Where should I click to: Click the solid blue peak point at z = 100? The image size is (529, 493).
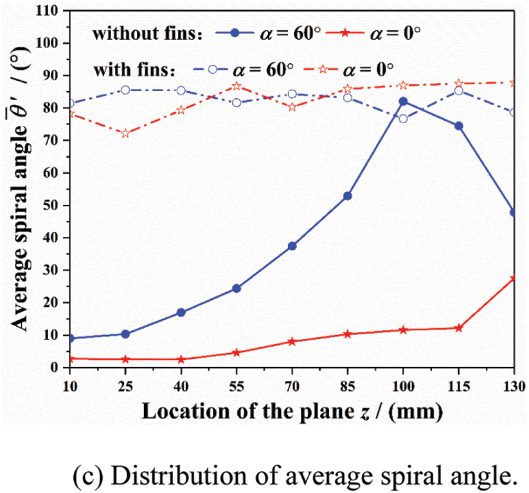(x=403, y=101)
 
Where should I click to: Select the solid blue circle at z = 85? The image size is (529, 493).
(x=348, y=196)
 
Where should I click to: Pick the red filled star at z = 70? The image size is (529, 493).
(x=292, y=342)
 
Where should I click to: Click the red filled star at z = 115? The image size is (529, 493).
(x=458, y=328)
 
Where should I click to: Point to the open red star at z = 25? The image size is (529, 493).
(x=125, y=134)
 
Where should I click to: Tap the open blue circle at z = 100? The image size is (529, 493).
(x=403, y=118)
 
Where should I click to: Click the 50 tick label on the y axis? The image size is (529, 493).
(x=57, y=205)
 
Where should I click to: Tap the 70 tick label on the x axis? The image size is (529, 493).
(x=292, y=385)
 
